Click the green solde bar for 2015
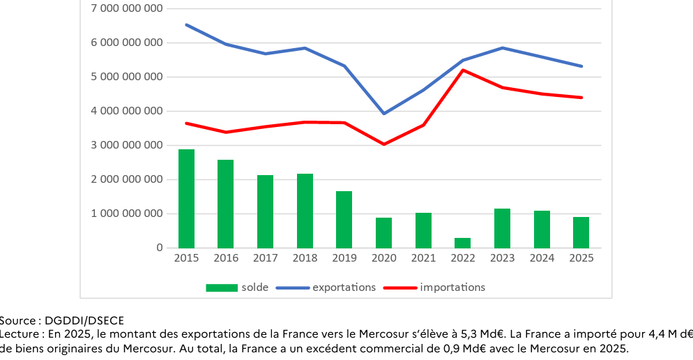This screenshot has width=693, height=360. (186, 199)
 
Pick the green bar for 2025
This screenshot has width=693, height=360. (581, 232)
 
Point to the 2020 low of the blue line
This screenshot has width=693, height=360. (383, 113)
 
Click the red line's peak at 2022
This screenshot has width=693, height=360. (463, 70)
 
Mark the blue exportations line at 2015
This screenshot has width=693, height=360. (186, 25)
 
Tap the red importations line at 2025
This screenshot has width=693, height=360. (581, 98)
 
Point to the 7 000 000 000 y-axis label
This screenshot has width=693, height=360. (127, 8)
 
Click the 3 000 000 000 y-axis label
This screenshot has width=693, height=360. (127, 145)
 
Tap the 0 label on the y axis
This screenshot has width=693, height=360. (160, 248)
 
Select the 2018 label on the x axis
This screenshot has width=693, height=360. (305, 258)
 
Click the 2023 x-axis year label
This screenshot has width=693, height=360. (503, 258)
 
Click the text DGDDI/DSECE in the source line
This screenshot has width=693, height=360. (84, 321)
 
